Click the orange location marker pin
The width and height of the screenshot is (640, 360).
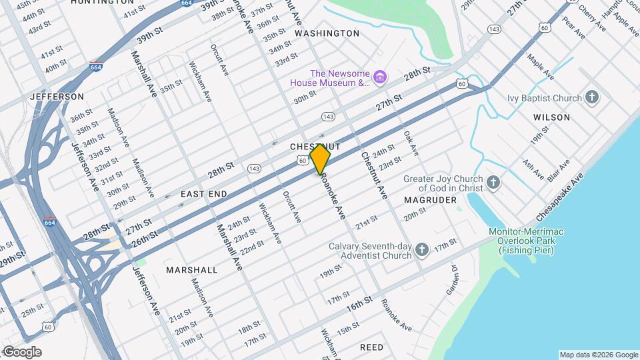[321, 159]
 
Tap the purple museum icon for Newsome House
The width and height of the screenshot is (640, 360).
[380, 78]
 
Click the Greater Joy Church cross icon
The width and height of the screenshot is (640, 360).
[493, 183]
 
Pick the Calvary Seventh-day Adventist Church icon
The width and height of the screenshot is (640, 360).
[421, 251]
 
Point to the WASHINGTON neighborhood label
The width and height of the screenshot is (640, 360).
[327, 33]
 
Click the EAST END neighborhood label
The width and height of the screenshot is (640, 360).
[204, 194]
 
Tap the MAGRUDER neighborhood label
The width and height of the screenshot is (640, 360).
[430, 200]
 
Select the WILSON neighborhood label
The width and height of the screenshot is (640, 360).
[551, 117]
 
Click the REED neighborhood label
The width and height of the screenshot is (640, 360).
[371, 348]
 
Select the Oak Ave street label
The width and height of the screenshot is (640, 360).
[411, 143]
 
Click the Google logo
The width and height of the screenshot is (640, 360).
[22, 352]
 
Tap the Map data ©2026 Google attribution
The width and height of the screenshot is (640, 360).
[598, 355]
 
